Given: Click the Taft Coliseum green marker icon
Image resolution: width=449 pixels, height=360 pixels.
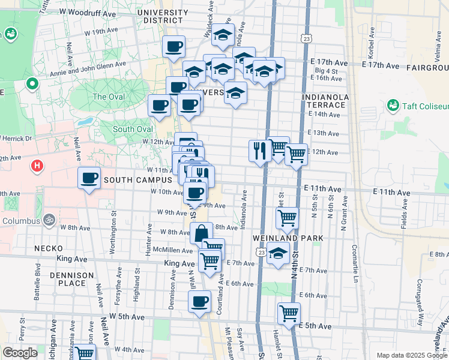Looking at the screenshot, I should [x=393, y=106].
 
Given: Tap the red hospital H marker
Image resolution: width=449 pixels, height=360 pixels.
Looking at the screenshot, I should [x=38, y=164].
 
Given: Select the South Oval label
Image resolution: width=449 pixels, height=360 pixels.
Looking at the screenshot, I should [x=131, y=129].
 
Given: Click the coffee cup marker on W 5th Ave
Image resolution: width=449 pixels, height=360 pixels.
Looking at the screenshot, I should [x=200, y=302].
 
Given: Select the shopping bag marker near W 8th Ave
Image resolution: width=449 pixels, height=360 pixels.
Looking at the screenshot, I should [x=202, y=233].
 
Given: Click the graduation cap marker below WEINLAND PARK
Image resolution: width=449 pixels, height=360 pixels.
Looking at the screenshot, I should [x=277, y=254].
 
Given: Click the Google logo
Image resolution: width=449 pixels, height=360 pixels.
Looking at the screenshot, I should [x=20, y=353].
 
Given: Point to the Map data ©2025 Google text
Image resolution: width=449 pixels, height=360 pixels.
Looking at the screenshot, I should [x=411, y=355].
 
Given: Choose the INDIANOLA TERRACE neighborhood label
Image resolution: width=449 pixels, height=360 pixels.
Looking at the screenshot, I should [x=325, y=100].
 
